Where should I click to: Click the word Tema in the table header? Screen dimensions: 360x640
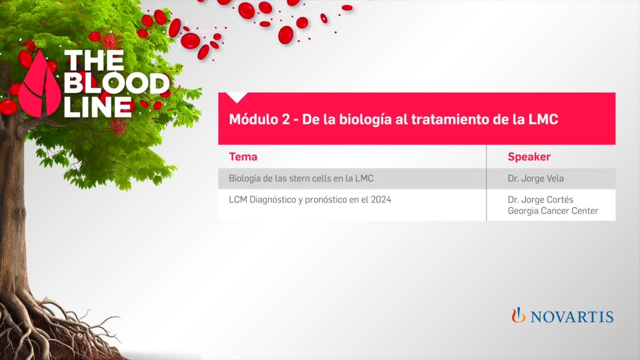(x=243, y=157)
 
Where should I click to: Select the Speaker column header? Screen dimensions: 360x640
(x=529, y=157)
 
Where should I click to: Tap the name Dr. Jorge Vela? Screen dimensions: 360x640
(x=536, y=179)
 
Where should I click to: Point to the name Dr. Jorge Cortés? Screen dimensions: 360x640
(x=540, y=200)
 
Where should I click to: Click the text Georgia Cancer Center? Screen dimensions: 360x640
(x=553, y=211)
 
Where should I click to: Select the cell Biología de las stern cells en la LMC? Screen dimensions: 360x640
(x=301, y=179)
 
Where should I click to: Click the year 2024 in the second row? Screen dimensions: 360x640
(x=381, y=200)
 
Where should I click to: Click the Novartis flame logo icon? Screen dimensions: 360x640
(x=518, y=315)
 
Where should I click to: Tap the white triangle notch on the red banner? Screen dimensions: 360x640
(x=237, y=97)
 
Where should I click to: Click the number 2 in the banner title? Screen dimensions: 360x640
(x=286, y=119)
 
